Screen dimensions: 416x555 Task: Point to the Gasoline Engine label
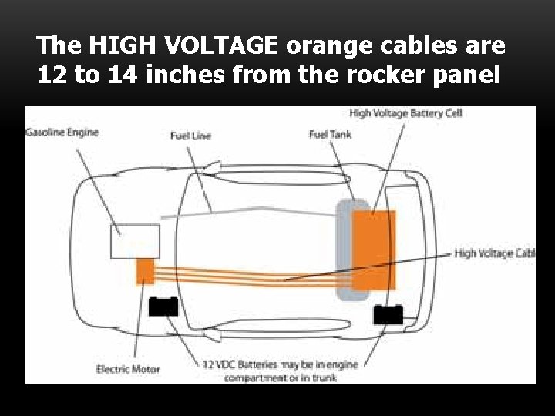point(62,133)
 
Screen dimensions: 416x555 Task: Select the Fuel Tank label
point(329,135)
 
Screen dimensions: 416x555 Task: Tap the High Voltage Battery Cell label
point(405,114)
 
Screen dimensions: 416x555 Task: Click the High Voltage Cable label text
point(494,253)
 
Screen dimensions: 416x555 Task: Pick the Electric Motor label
point(128,369)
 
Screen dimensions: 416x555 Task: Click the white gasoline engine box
point(134,240)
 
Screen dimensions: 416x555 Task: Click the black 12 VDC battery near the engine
point(163,307)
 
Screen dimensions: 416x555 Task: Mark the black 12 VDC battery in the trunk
point(387,314)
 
